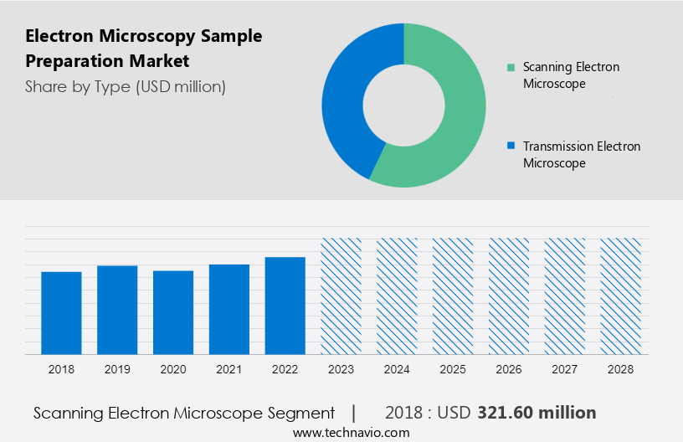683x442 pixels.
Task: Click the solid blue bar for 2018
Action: (61, 312)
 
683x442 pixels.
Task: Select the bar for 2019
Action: (117, 310)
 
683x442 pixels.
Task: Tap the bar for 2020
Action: (173, 312)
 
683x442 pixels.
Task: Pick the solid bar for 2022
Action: (285, 305)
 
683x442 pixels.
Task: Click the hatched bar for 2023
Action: (341, 296)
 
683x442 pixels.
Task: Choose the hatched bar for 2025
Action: (453, 296)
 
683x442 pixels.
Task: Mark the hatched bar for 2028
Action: (621, 296)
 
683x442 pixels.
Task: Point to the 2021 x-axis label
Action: (229, 369)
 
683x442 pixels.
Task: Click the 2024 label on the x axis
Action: (397, 369)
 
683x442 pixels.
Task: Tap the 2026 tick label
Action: (509, 369)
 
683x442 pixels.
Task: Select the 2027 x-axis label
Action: (565, 369)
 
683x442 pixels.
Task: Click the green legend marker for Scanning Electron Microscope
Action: (511, 67)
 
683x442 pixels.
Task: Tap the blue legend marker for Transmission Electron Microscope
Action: (511, 146)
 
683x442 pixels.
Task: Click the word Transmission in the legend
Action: (557, 146)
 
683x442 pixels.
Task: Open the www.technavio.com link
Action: (352, 432)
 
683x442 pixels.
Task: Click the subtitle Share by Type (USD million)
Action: (126, 86)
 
